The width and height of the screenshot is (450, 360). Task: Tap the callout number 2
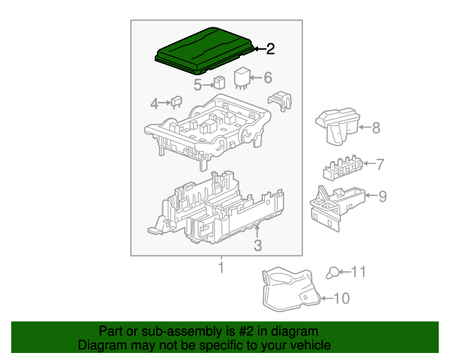[x=269, y=49]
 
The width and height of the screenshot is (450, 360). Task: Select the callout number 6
[x=267, y=78]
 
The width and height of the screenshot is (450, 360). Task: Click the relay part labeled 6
[x=241, y=79]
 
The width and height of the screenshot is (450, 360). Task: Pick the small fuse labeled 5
[x=219, y=82]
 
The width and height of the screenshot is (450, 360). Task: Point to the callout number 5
[x=198, y=85]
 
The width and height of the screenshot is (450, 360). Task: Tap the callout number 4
[x=155, y=104]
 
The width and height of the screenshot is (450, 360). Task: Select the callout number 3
[x=257, y=245]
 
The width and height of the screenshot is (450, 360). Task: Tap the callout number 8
[x=375, y=128]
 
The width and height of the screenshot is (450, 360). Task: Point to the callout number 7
[x=380, y=165]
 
